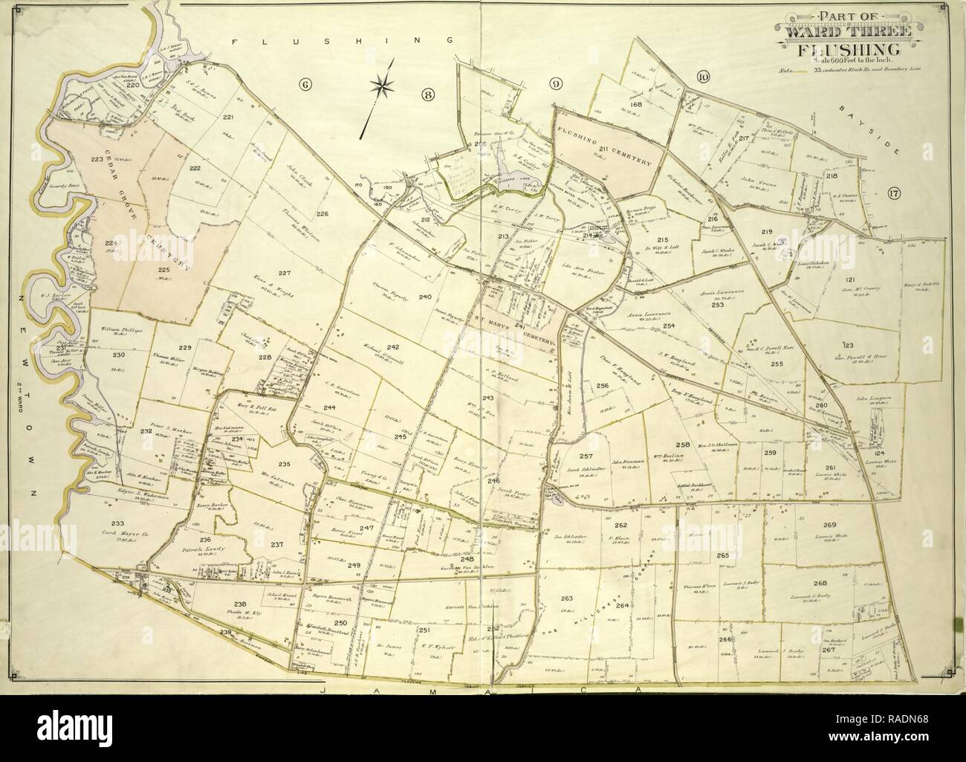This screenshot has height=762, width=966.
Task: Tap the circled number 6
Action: click(304, 83)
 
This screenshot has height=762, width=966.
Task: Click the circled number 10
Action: click(703, 76)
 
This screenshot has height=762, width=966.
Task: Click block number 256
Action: click(601, 385)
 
